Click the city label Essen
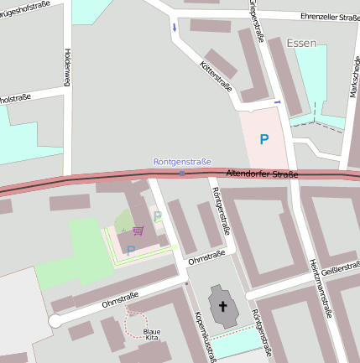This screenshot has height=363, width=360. tap(301, 43)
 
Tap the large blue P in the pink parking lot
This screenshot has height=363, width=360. tap(264, 140)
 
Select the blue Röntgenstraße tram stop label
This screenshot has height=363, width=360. tap(182, 162)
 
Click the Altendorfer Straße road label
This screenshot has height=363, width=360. tap(262, 174)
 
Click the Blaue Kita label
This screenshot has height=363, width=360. tap(151, 334)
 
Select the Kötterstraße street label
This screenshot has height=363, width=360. tap(217, 76)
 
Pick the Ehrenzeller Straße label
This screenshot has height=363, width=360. tap(320, 17)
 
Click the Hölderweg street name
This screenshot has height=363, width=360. tap(66, 67)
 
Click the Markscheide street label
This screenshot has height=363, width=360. tap(353, 76)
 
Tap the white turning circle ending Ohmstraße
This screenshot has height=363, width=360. tap(55, 321)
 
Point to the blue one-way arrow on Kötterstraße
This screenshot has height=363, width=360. tap(175, 29)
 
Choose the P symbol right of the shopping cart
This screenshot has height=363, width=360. tap(158, 217)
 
